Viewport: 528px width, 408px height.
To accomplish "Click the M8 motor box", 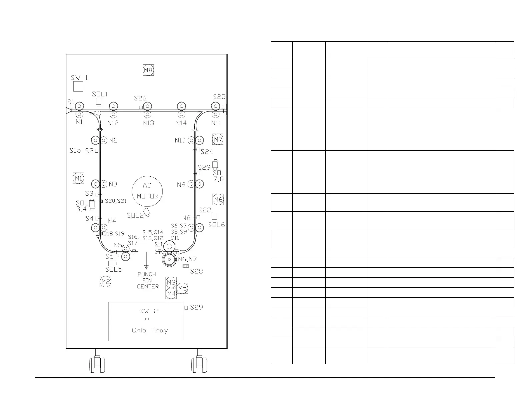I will pos(148,70).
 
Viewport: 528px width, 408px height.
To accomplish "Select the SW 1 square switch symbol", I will pos(78,86).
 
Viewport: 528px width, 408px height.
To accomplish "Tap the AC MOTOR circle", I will pos(147,191).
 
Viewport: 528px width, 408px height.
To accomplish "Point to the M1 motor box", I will pos(78,178).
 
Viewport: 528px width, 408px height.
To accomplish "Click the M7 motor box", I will pos(218,139).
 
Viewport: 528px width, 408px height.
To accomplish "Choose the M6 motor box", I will pos(218,200).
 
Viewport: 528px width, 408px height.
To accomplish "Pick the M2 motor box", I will pos(106,282).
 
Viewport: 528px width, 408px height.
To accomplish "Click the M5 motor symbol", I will pos(182,288).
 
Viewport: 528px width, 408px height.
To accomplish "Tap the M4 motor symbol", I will pos(171,294).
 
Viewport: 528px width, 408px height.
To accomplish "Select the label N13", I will pos(148,123).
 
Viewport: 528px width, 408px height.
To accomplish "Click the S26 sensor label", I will pos(140,98).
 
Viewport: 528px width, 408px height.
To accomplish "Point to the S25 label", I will pos(219,97).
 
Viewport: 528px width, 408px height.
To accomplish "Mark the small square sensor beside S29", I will pos(186,307).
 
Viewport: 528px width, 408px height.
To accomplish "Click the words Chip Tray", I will pos(150,330).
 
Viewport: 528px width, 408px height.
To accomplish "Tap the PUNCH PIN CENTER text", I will pos(147,280).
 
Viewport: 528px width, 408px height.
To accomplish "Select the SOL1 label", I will pos(100,94).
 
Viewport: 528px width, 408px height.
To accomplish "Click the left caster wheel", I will pos(97,365).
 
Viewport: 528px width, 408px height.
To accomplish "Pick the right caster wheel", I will pos(199,365).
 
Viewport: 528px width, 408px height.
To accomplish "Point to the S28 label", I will pos(196,271).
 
